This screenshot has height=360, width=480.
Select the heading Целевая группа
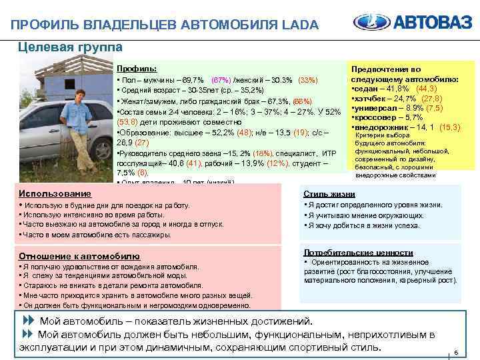(x=70, y=47)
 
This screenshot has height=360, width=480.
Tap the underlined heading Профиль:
(x=137, y=69)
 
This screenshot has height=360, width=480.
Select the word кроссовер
(x=377, y=117)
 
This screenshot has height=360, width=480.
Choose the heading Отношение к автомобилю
(x=79, y=255)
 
